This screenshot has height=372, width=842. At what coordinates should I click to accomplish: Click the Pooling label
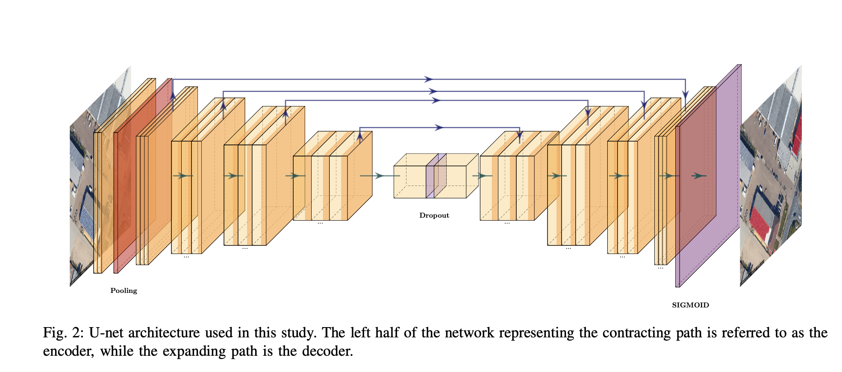click(124, 291)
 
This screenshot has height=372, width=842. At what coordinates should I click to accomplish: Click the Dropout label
click(434, 216)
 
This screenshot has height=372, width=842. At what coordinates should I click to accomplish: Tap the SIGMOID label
click(690, 305)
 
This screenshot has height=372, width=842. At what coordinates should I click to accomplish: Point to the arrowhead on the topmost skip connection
click(428, 79)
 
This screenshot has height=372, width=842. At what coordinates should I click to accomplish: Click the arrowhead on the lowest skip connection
click(439, 127)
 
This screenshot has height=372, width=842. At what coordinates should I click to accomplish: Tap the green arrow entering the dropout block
click(379, 176)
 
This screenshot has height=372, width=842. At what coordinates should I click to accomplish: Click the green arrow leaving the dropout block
click(482, 176)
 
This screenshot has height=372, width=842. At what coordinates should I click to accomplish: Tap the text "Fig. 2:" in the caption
click(63, 333)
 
